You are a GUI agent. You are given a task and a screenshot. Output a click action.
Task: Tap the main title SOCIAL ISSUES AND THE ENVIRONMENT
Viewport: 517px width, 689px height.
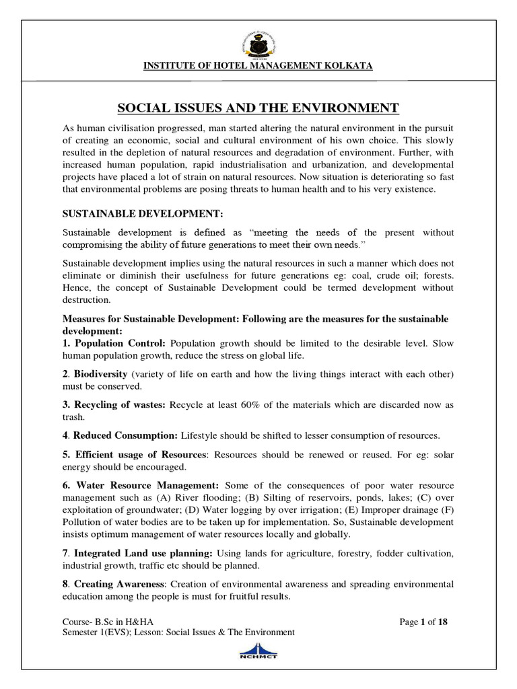click(x=258, y=108)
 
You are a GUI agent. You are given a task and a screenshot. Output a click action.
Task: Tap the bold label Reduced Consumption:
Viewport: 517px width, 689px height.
click(x=122, y=435)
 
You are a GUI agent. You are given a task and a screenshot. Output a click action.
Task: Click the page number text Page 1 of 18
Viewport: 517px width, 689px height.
click(x=423, y=622)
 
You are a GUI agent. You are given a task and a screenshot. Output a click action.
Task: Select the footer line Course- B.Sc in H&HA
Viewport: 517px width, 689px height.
click(x=112, y=622)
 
